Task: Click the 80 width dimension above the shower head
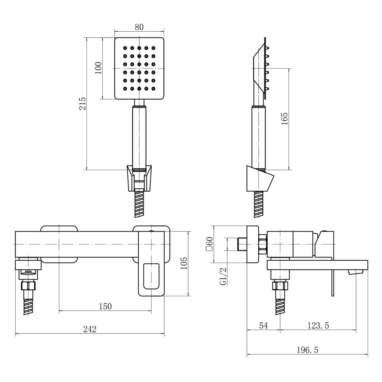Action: click(x=139, y=27)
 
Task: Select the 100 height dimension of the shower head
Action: click(x=98, y=68)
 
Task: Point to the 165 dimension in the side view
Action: click(x=284, y=119)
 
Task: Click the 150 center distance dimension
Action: click(x=105, y=306)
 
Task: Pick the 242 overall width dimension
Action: click(x=90, y=329)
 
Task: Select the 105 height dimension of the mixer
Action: click(x=184, y=263)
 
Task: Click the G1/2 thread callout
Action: click(x=223, y=276)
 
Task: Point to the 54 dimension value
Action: click(x=264, y=326)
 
